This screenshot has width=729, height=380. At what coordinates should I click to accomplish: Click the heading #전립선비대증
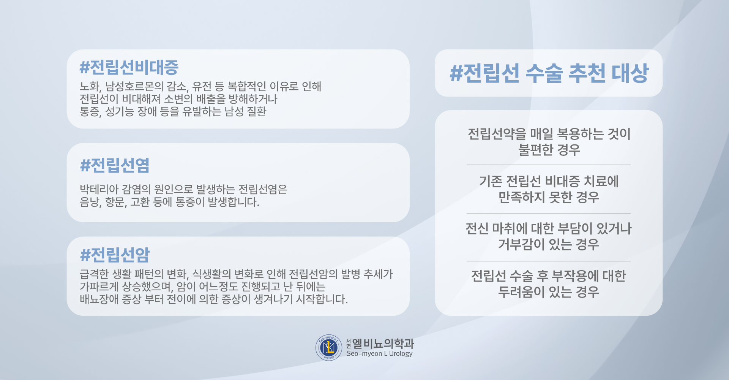point(129,67)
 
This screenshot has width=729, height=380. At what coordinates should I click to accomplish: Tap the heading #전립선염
point(115,165)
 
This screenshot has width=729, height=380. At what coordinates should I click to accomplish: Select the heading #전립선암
point(115,255)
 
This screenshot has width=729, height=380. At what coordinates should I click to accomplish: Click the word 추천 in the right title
point(587,73)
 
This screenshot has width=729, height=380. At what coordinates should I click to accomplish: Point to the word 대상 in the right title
point(630,73)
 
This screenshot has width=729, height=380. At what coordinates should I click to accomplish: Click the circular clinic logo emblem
point(329,348)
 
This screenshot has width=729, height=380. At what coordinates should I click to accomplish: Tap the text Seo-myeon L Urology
point(379,354)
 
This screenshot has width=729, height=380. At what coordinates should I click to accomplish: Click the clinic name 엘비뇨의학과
point(383,344)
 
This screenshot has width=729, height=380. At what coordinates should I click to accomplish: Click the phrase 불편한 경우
point(549,150)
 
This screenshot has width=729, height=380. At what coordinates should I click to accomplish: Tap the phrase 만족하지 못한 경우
point(549,197)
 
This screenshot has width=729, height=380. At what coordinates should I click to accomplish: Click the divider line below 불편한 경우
point(549,165)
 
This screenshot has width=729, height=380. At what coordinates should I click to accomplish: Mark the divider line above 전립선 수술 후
point(549,261)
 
